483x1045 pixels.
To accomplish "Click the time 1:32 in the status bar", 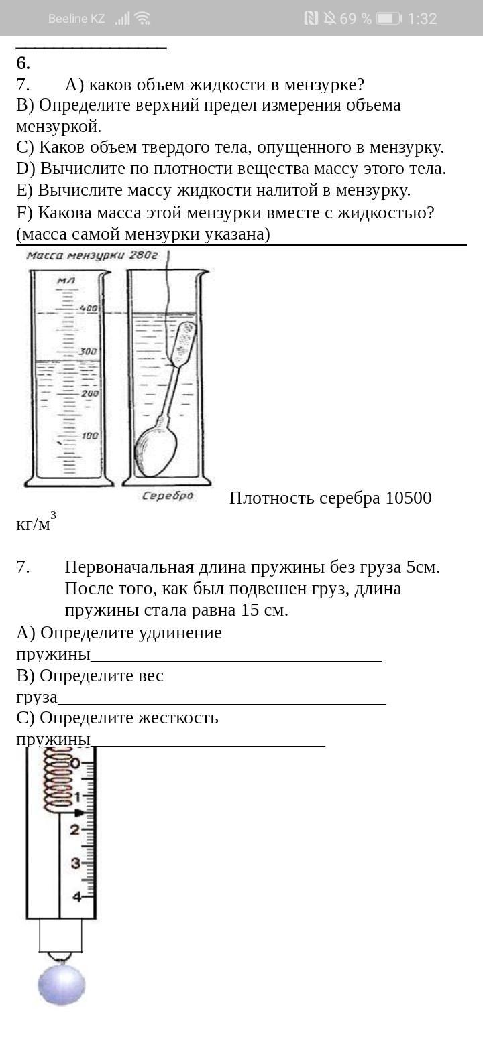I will coord(422,19).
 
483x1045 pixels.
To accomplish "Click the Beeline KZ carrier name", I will coord(76,19).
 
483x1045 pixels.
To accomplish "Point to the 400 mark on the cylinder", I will coord(89,309).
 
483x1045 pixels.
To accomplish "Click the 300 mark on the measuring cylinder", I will coord(89,351).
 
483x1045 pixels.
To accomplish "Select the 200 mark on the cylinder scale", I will coord(89,393).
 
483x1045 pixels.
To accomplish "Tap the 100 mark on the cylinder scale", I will coord(89,436).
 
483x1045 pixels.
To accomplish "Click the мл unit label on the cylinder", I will coord(65,281).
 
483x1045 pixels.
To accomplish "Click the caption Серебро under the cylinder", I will coord(168,496).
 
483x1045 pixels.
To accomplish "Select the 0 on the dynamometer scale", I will coord(76,764).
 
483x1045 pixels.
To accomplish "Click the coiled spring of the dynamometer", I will coord(58,777).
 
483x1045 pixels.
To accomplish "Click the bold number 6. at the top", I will coord(23,63).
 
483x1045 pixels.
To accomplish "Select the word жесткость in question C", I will coord(178,718).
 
